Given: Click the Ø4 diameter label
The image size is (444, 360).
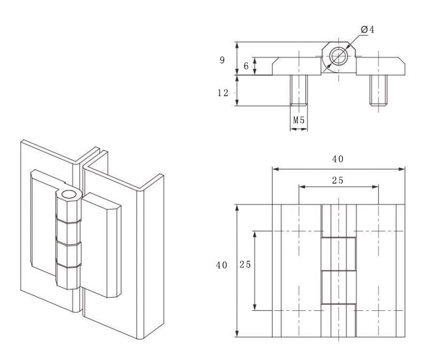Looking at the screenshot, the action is pyautogui.click(x=368, y=29).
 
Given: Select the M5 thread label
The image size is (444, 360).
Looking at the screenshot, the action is pyautogui.click(x=298, y=121).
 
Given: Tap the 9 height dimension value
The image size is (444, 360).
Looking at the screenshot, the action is pyautogui.click(x=222, y=60).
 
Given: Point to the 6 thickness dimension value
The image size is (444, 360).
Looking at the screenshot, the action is pyautogui.click(x=246, y=66).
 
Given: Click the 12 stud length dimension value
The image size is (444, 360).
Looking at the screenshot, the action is pyautogui.click(x=223, y=93).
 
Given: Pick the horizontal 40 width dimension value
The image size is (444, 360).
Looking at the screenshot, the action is pyautogui.click(x=338, y=159).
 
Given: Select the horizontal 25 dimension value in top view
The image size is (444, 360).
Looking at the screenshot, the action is pyautogui.click(x=338, y=180).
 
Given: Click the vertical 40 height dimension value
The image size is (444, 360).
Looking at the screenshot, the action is pyautogui.click(x=221, y=266).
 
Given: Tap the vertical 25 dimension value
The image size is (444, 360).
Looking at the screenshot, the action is pyautogui.click(x=245, y=265).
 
